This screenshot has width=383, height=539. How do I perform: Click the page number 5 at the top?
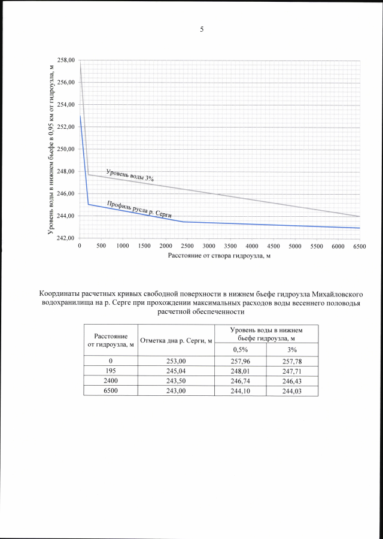point(202,29)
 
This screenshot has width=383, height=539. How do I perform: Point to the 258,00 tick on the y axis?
point(66,60)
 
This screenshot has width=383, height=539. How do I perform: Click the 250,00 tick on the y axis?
point(66,149)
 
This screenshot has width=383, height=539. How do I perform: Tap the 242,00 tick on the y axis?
point(66,238)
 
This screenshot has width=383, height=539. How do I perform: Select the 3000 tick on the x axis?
point(209,246)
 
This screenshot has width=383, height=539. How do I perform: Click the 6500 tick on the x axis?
point(360,246)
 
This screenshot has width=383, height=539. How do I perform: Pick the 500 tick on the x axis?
point(101,246)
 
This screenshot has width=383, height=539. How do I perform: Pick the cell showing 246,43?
point(293,381)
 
